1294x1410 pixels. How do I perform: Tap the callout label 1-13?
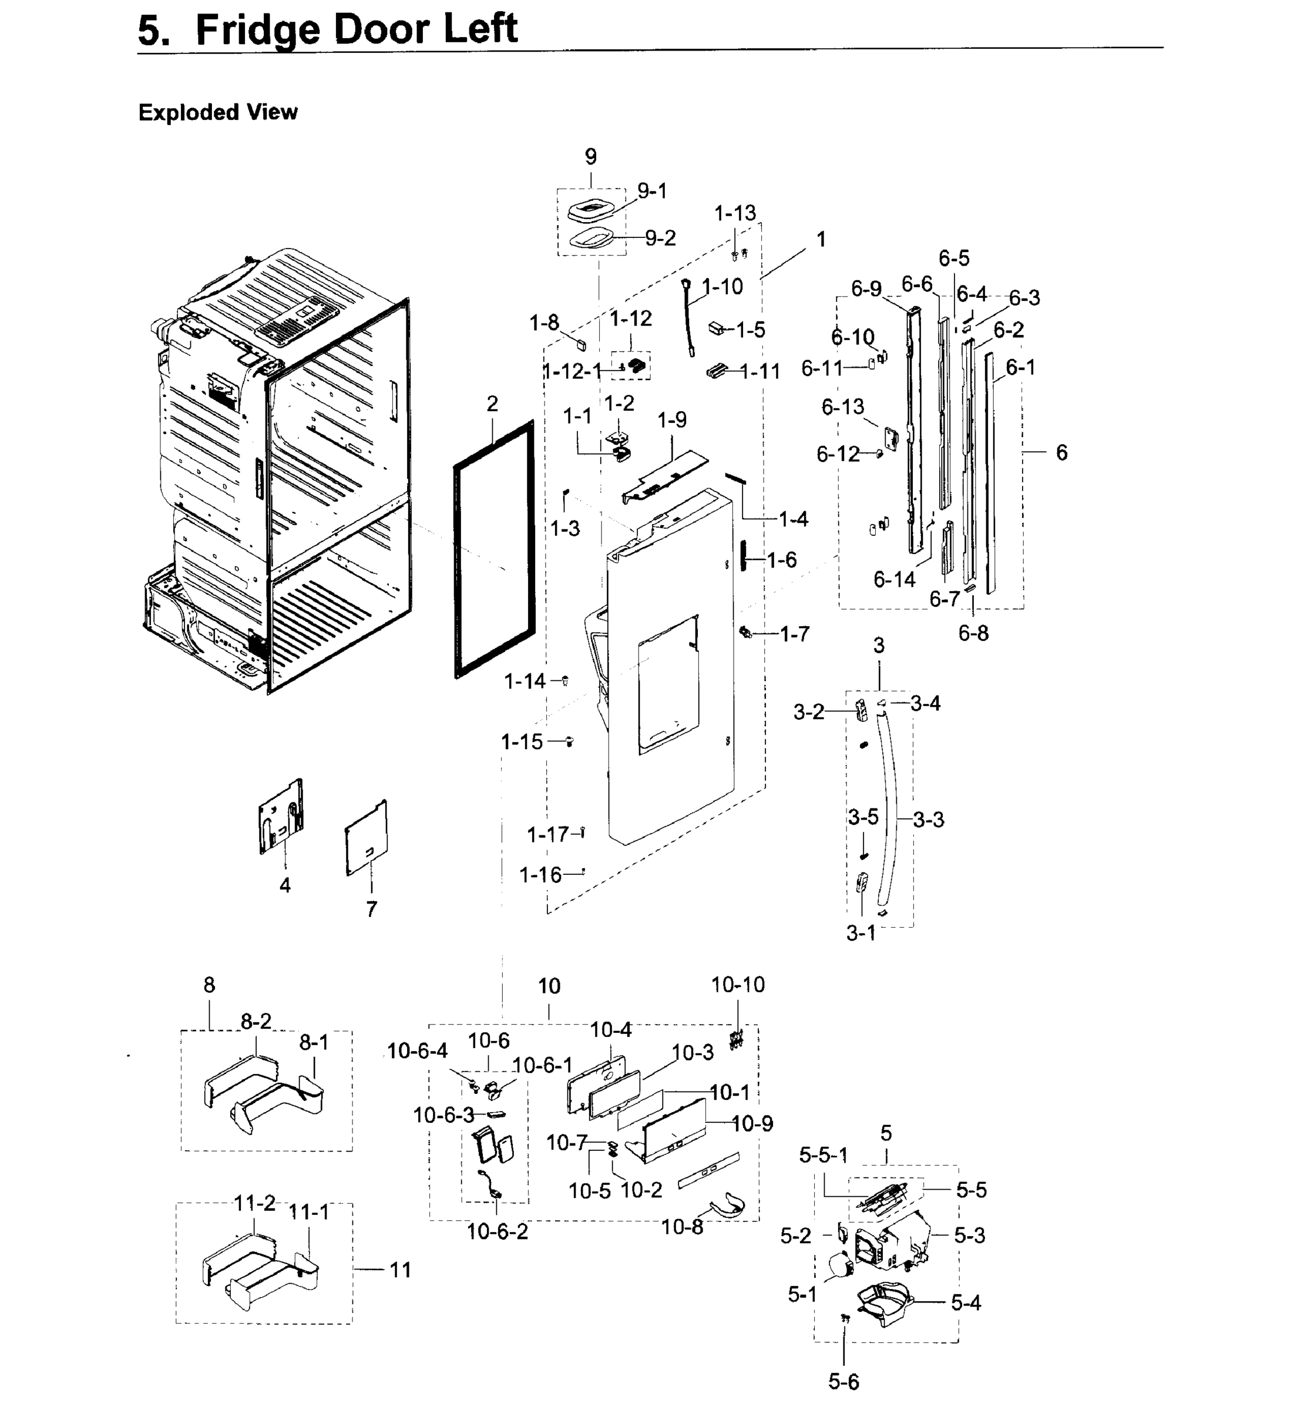735,213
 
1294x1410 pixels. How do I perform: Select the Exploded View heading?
218,112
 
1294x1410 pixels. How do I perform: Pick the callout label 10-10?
737,985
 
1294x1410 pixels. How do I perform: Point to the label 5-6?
843,1382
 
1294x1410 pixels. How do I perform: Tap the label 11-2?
254,1203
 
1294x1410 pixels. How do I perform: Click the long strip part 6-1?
990,476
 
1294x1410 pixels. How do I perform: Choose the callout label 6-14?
894,579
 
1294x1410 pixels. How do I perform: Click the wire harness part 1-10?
688,315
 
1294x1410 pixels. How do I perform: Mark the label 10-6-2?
497,1231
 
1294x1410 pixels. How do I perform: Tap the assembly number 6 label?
1061,453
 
